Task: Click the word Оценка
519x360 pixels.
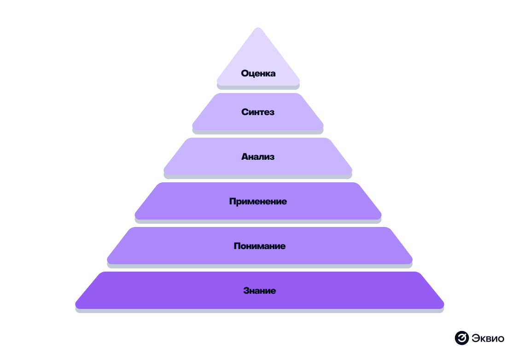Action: [258, 73]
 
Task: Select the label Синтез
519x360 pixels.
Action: [258, 112]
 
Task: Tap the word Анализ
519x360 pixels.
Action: [258, 157]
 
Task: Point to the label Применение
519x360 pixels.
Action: [258, 201]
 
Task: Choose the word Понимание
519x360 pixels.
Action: [259, 246]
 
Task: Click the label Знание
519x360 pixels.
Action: [259, 290]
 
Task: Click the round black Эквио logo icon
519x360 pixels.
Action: [461, 338]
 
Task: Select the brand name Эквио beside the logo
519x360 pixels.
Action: [488, 338]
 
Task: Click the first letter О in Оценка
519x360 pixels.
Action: [245, 73]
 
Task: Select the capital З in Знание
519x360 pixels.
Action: [246, 290]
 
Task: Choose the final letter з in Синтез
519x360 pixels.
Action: [272, 112]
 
